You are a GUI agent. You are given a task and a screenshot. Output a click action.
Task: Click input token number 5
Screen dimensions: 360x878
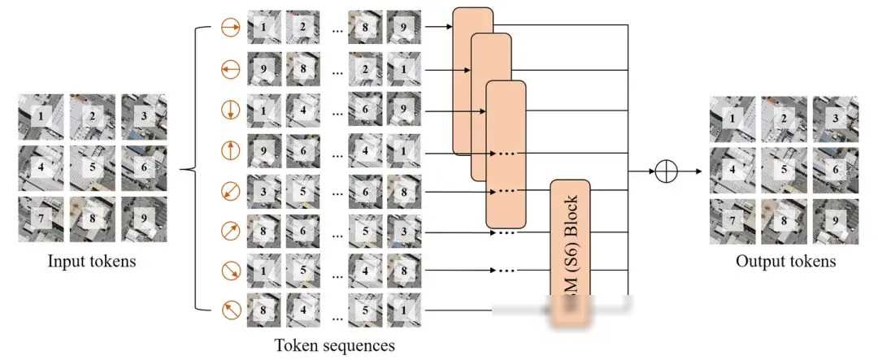(x=92, y=169)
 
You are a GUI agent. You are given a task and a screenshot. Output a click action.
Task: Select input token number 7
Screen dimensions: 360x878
(x=41, y=219)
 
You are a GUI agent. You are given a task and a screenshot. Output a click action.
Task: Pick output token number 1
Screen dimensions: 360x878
(x=732, y=119)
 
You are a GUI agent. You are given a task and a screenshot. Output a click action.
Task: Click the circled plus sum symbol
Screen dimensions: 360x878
(x=666, y=171)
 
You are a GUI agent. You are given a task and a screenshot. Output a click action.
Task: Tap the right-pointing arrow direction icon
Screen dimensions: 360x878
(x=230, y=29)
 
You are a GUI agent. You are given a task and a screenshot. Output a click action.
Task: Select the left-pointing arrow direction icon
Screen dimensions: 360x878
(x=230, y=70)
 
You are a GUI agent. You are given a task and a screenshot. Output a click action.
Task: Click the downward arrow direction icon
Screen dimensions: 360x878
(x=230, y=110)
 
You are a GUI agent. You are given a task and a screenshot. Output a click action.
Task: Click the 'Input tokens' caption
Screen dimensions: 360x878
(x=92, y=261)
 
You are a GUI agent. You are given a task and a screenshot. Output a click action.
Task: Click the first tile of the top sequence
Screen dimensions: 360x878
(x=264, y=29)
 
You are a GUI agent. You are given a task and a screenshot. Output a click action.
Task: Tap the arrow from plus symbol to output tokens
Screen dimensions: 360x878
(x=690, y=171)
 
